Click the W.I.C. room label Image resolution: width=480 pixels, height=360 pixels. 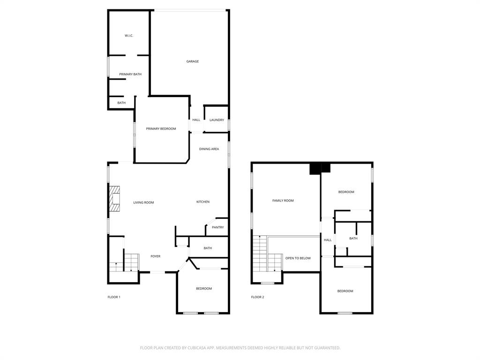(x=129, y=36)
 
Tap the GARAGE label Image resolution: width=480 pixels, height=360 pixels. (x=192, y=61)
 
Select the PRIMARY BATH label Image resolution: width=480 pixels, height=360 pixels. (x=130, y=74)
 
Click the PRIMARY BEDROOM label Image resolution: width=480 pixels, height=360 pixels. (x=161, y=128)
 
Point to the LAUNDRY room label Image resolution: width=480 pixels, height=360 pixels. (x=217, y=120)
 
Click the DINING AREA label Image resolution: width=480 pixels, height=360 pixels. (x=209, y=149)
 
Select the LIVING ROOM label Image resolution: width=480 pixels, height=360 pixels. (x=143, y=202)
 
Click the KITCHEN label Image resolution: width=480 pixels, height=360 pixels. (x=202, y=202)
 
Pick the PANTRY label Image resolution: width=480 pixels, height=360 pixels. (x=217, y=227)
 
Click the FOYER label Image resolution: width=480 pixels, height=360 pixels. (x=155, y=256)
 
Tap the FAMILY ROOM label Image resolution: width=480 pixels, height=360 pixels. (x=283, y=201)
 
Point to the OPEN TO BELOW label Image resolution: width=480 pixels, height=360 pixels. (x=298, y=258)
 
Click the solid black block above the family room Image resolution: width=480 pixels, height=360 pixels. (x=320, y=168)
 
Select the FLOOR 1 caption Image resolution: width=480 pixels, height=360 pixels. (x=114, y=297)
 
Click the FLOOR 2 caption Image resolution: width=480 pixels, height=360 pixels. (x=257, y=297)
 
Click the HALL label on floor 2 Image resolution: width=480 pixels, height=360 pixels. (x=327, y=240)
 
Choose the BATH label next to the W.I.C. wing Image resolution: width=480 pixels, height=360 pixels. (x=121, y=103)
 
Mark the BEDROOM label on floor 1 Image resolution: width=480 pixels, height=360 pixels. (x=203, y=288)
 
